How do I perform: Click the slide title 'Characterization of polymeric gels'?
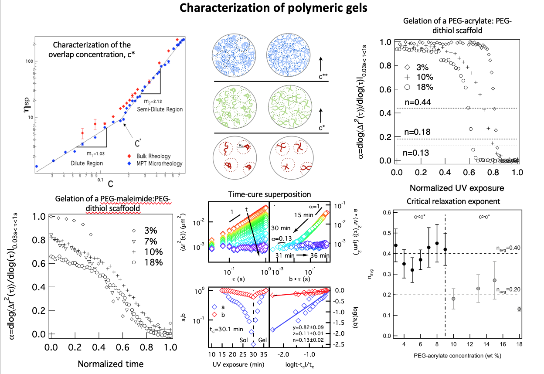272,8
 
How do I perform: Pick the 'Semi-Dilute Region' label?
160,109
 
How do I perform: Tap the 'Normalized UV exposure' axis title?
456,188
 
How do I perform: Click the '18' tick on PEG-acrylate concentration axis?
519,344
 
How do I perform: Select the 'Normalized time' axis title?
110,363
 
